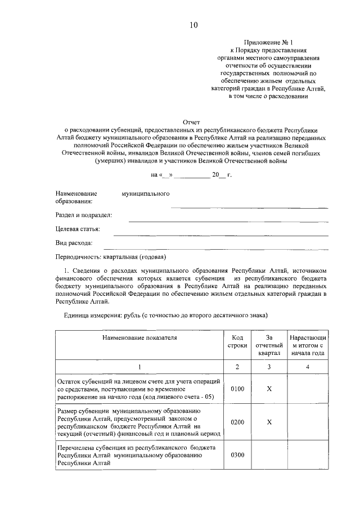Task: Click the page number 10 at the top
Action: click(x=193, y=25)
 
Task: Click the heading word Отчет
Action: click(x=192, y=121)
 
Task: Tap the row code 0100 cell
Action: click(x=237, y=389)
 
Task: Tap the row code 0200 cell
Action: click(x=237, y=422)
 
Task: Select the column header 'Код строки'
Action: click(x=237, y=341)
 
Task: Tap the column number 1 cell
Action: click(x=139, y=367)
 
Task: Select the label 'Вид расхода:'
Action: click(x=74, y=243)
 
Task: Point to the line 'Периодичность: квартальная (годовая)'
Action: click(x=110, y=258)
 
